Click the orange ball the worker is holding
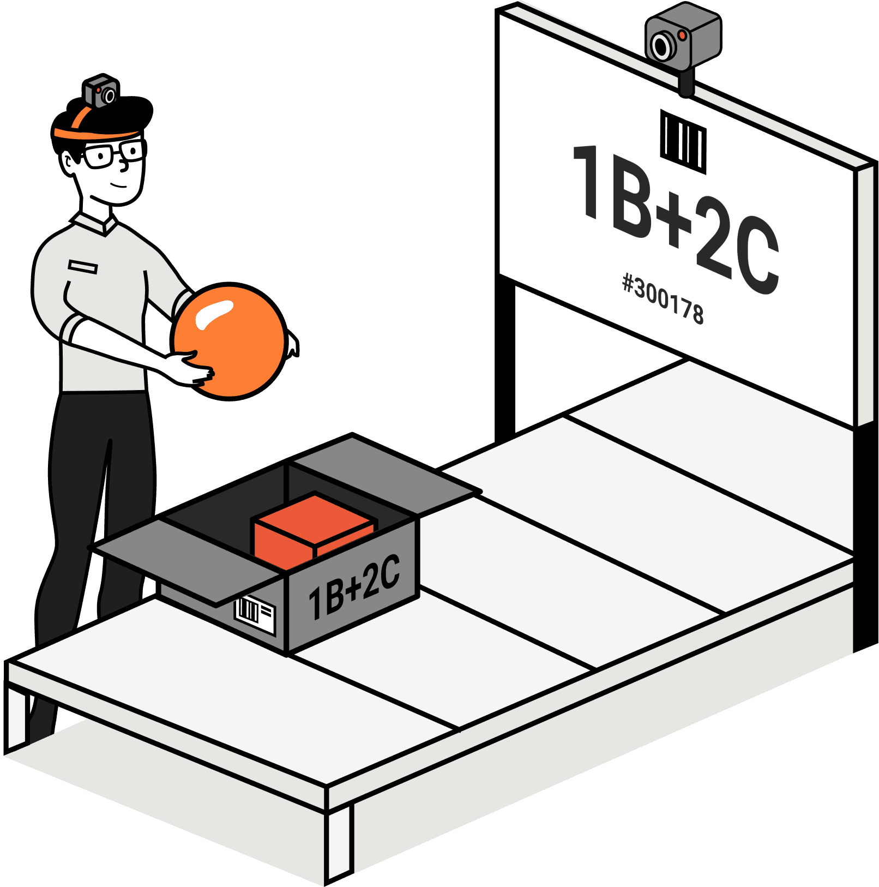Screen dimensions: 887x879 (x=229, y=341)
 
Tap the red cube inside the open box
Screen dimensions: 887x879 (x=314, y=532)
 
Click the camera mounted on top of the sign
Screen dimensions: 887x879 (x=683, y=38)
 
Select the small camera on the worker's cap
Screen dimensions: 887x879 (x=101, y=92)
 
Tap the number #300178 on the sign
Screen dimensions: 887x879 (x=663, y=299)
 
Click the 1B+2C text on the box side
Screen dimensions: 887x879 (x=354, y=586)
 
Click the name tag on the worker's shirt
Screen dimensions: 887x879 (x=83, y=267)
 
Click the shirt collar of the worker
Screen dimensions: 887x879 (x=95, y=223)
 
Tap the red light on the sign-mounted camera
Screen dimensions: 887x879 (x=682, y=35)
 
